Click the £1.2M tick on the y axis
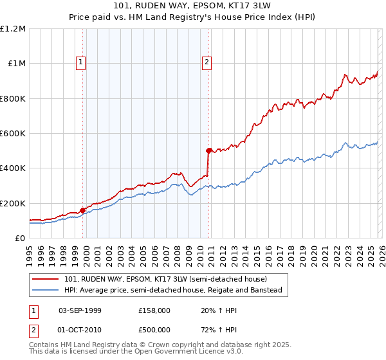coord(13,29)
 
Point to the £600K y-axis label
coord(13,134)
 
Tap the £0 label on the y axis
coord(20,239)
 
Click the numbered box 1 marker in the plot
coord(81,62)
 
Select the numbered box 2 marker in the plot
coord(207,62)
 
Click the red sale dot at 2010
coord(208,150)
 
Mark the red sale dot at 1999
coord(83,210)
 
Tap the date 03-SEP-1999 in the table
coord(80,310)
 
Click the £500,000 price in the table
coord(154,329)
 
